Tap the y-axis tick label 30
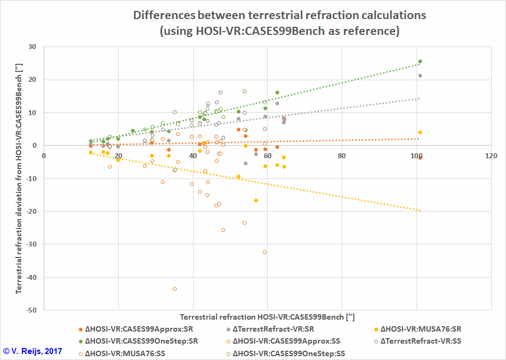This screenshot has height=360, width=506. pos(32,47)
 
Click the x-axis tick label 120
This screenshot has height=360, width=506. pos(491,156)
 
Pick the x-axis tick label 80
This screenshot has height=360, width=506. pos(342,156)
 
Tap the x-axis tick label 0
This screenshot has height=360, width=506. pos(44,156)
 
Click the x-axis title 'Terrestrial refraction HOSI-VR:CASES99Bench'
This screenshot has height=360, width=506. pos(267,317)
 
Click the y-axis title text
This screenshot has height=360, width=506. pos(20,178)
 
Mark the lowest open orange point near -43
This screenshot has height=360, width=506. pos(174,289)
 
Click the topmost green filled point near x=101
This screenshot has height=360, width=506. pos(420,62)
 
